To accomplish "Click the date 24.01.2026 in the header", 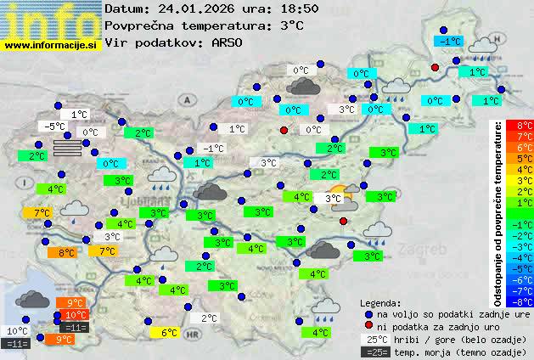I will coord(200,8).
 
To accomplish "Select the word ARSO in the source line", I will coord(229,42).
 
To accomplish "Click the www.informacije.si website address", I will coord(52,45).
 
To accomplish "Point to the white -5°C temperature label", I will coord(55,127).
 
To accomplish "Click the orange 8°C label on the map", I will coord(67,252).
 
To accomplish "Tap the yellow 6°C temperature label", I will coord(168,333).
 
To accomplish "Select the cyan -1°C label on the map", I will coord(447,41).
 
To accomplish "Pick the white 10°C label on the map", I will coord(17,331).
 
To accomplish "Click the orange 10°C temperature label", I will coord(75,315).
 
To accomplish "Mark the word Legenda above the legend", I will coord(380,302).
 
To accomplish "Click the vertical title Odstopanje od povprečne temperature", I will coord(498,213).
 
